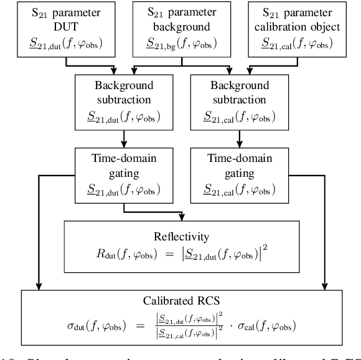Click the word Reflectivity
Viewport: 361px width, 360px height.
(x=182, y=237)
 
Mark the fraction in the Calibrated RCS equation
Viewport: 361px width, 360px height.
(x=192, y=325)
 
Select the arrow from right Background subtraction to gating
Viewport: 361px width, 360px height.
(x=232, y=138)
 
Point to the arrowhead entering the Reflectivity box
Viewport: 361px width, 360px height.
(x=182, y=217)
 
